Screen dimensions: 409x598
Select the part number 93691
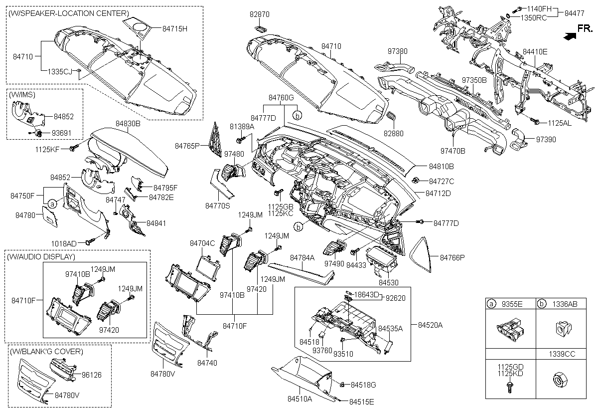(63, 133)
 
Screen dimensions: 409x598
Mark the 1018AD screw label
(64, 243)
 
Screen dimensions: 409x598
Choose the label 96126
(92, 374)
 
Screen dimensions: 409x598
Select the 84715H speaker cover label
(174, 29)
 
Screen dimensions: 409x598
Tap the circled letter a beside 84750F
(52, 203)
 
